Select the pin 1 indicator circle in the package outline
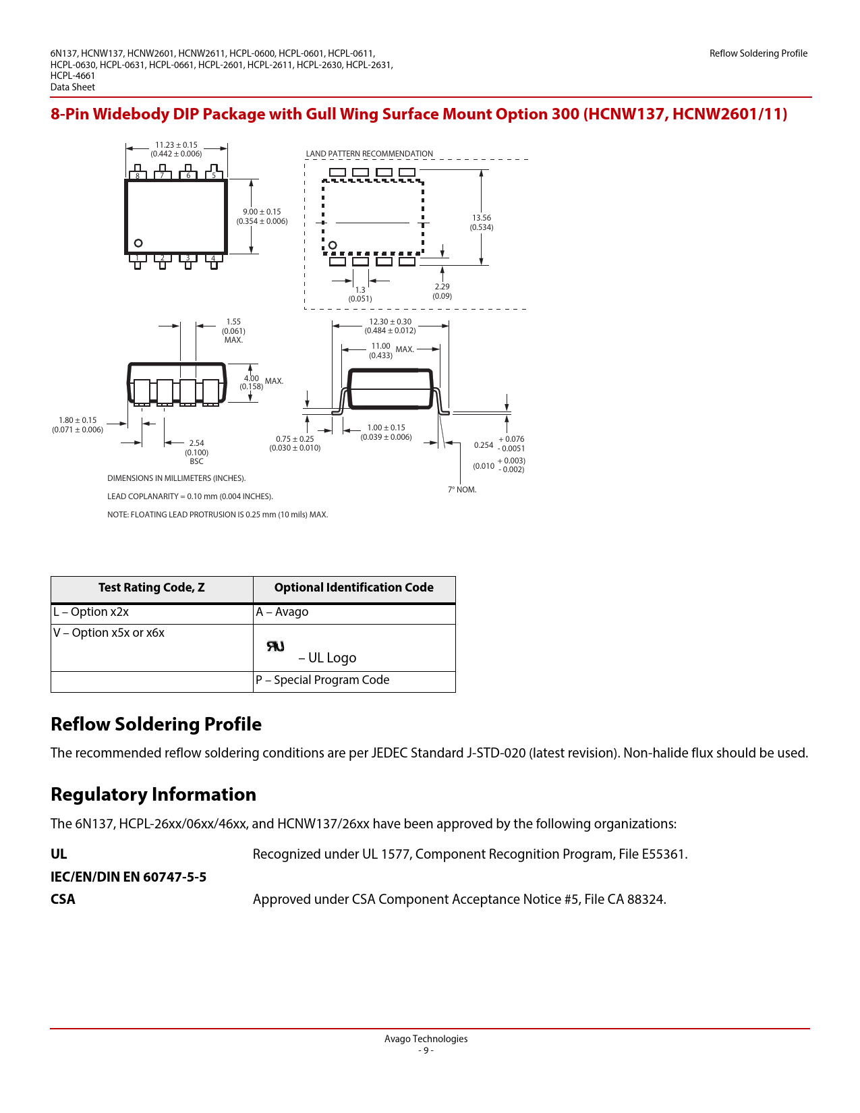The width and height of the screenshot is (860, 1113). [138, 243]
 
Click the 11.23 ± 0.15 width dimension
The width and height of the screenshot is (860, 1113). [176, 149]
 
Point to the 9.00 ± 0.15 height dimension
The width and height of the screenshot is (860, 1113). [262, 217]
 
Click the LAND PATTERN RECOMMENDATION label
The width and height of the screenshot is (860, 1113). [369, 154]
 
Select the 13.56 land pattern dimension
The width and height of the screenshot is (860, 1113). [482, 223]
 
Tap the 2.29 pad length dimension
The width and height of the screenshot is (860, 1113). [442, 291]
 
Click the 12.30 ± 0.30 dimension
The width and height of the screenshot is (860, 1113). [390, 326]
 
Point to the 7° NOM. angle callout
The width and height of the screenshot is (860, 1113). [462, 490]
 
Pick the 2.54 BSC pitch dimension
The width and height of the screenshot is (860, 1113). [196, 452]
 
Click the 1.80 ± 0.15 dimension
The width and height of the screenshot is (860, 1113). [78, 425]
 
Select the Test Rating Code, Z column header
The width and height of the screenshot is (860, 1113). [152, 588]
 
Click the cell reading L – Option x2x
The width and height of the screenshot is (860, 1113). [91, 612]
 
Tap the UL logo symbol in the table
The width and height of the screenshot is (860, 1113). [275, 646]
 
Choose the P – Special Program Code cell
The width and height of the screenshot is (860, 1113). [322, 680]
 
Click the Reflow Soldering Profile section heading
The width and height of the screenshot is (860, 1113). [156, 724]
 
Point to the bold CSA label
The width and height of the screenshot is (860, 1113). [63, 899]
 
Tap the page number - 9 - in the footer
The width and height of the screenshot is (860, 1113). [426, 1050]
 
